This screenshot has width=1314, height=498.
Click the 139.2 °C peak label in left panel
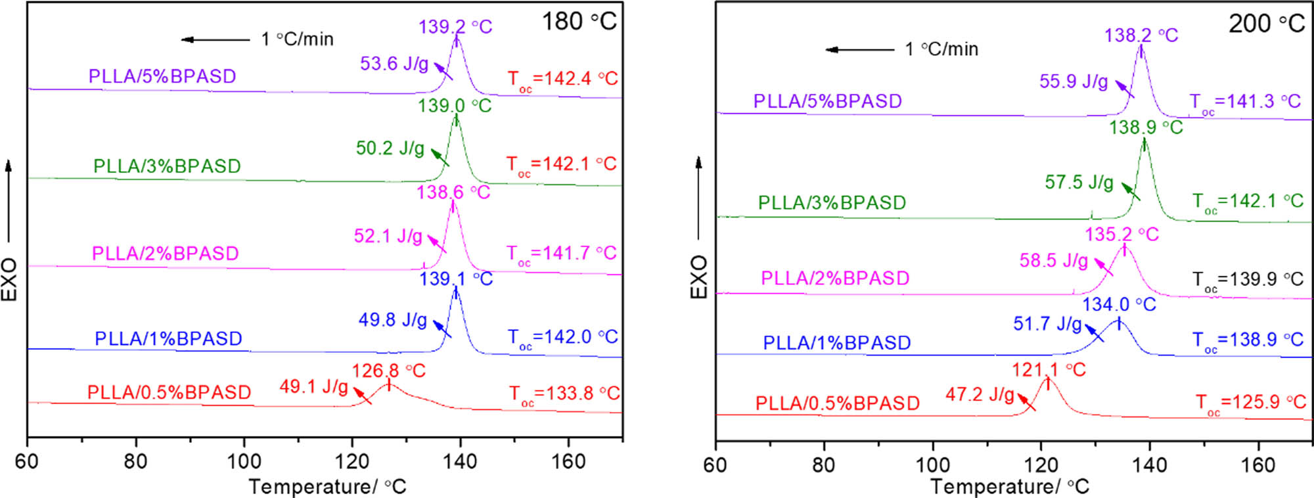click(x=455, y=27)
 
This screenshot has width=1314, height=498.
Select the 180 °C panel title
click(x=578, y=22)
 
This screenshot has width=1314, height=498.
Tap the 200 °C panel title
click(x=1266, y=24)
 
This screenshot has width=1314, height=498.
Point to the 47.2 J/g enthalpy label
click(x=980, y=394)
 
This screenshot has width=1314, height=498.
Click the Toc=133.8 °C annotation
click(x=564, y=394)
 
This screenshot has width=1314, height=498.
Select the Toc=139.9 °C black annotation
click(x=1248, y=280)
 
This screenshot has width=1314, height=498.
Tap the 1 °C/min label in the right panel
click(x=941, y=49)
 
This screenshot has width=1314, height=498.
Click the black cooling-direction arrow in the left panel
click(x=215, y=39)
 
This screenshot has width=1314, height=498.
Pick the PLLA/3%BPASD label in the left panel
click(x=167, y=166)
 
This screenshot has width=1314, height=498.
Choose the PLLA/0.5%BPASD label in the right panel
click(x=837, y=403)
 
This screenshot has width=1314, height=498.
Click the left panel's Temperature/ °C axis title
click(x=327, y=487)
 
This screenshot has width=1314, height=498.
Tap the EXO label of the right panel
click(x=698, y=277)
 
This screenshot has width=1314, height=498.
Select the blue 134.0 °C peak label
click(x=1119, y=305)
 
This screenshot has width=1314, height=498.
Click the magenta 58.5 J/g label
click(x=1053, y=261)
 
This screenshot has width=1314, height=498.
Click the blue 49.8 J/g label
click(x=392, y=320)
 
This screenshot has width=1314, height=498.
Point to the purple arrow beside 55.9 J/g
click(x=1125, y=89)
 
